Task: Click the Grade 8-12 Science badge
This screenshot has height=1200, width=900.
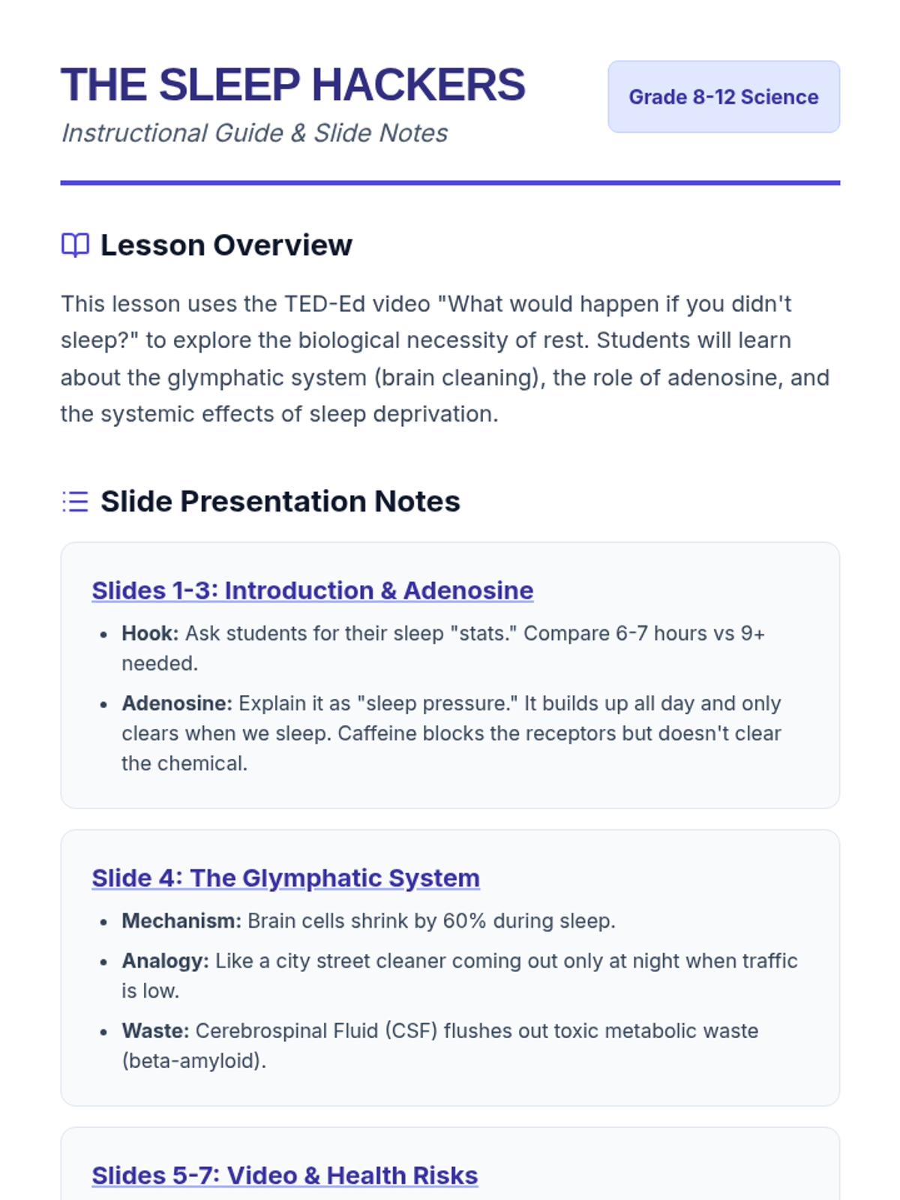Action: point(724,97)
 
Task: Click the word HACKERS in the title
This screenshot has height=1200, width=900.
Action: point(418,85)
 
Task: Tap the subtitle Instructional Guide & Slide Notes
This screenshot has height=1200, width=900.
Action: point(254,133)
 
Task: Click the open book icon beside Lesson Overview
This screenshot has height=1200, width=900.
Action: point(75,245)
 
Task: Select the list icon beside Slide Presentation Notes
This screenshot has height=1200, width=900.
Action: point(75,501)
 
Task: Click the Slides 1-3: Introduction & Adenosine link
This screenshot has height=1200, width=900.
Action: point(313,590)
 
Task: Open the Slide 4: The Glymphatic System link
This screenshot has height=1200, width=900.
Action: point(286,878)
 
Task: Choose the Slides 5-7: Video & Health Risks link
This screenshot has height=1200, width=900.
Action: point(285,1175)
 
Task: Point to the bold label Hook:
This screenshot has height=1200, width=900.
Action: point(150,633)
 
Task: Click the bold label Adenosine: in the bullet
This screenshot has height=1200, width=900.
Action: point(177,703)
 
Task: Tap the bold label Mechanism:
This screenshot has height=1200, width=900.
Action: point(181,921)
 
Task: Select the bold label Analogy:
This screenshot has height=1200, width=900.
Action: point(166,961)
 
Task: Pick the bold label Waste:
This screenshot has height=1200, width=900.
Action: point(155,1030)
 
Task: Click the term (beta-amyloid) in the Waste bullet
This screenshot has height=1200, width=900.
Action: point(194,1061)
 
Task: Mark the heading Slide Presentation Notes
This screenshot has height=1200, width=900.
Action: point(280,501)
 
